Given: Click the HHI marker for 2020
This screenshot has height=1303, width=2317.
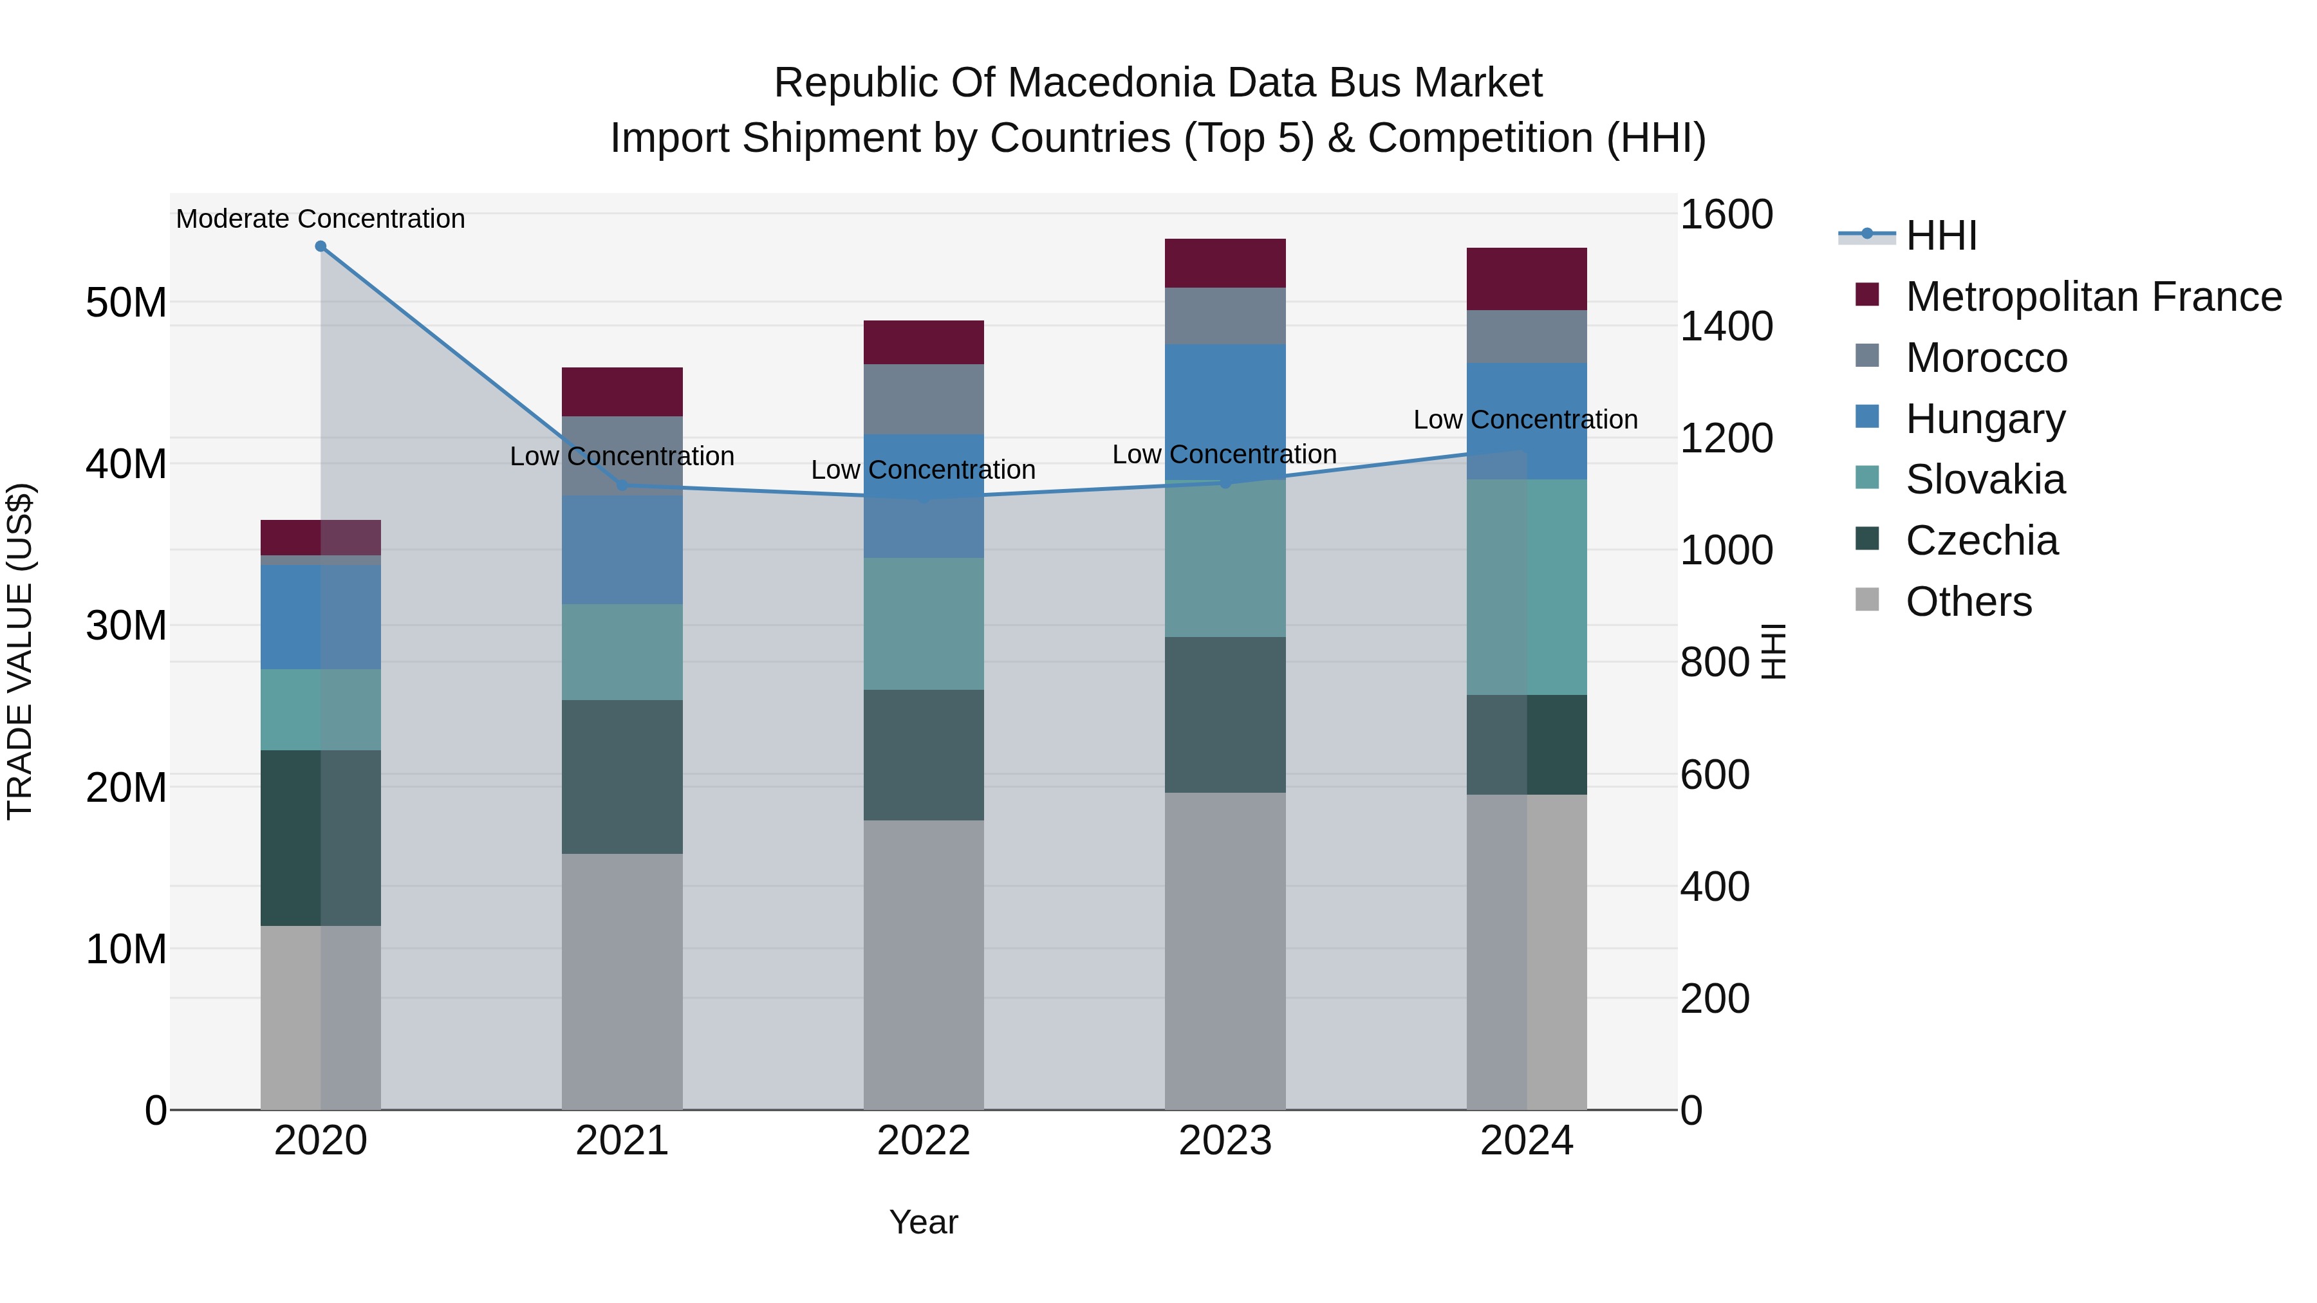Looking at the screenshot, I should coord(321,246).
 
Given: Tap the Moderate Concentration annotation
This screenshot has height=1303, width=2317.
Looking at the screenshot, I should coord(321,219).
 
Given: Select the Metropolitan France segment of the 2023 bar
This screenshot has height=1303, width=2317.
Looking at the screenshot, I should coord(1224,263).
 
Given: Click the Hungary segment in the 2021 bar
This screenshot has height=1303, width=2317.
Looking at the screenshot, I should coord(622,550).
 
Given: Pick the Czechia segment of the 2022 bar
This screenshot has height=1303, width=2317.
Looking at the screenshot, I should coord(923,755).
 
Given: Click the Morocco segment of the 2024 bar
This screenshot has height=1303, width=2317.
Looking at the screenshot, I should coord(1527,337).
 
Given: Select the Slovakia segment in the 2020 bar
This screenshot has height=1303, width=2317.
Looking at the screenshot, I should coord(321,710).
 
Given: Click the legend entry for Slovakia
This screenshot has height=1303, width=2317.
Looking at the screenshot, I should coord(1985,479).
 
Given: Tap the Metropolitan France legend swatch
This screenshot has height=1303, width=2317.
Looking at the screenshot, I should coord(1867,295).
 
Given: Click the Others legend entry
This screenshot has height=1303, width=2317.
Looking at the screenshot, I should coord(1968,602).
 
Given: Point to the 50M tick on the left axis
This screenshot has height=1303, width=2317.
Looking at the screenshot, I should coord(126,303).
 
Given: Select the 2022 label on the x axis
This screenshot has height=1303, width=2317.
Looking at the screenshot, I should coord(923,1141).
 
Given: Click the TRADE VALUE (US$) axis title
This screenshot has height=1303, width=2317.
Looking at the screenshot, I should coord(20,651).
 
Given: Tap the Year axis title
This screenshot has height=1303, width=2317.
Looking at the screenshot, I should coord(923,1222).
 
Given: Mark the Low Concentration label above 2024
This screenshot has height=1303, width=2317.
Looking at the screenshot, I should coord(1525,420).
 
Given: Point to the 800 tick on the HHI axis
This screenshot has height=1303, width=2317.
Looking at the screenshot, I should coord(1715,663).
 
